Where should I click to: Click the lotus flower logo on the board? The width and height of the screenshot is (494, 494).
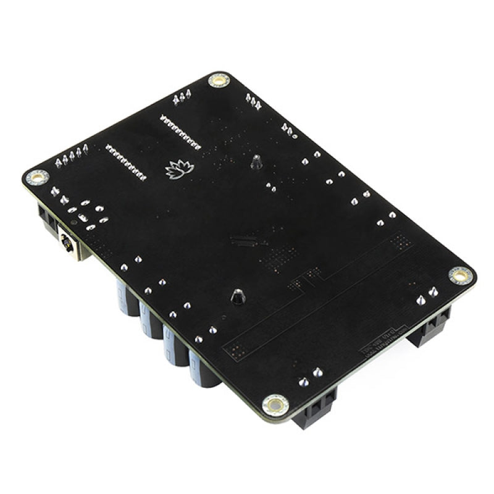click(180, 168)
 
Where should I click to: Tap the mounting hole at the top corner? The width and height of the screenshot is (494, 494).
click(219, 80)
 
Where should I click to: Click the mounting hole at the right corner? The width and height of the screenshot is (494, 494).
click(459, 275)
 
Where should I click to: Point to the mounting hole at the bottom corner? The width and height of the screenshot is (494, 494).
click(274, 405)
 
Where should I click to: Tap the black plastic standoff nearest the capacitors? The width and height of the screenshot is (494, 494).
click(237, 297)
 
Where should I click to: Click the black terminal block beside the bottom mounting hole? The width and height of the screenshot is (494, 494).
click(315, 411)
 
